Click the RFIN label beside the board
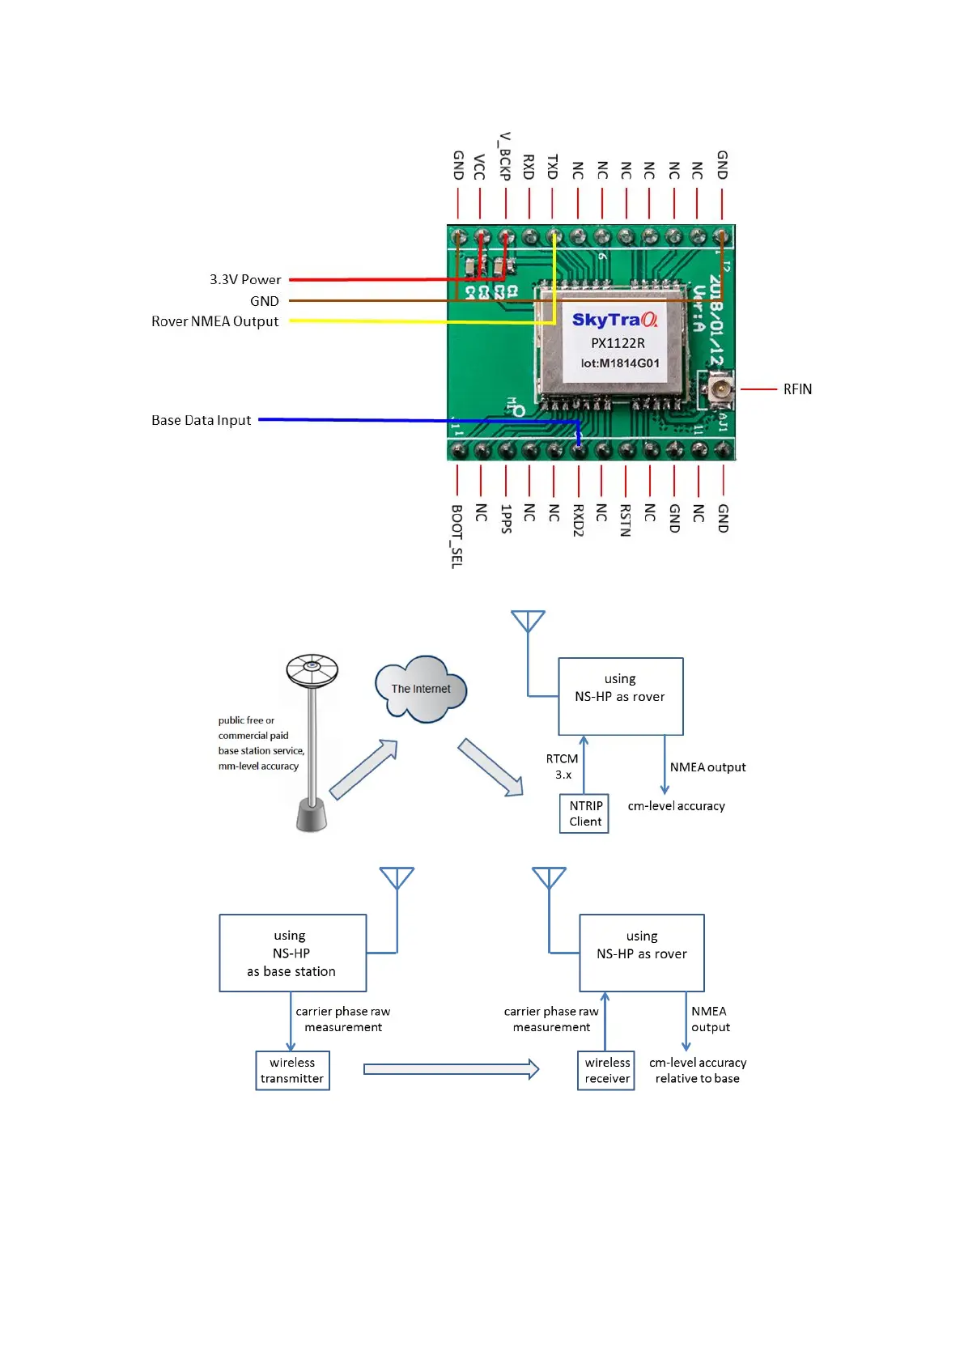pyautogui.click(x=797, y=389)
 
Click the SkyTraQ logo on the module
pyautogui.click(x=614, y=320)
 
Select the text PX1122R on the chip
pyautogui.click(x=618, y=343)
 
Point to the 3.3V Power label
pyautogui.click(x=245, y=280)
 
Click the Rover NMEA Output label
pyautogui.click(x=215, y=321)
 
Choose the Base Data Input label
pyautogui.click(x=202, y=420)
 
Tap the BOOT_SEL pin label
pyautogui.click(x=457, y=536)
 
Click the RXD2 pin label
pyautogui.click(x=578, y=520)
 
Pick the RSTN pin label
pyautogui.click(x=625, y=520)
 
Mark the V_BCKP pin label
pyautogui.click(x=505, y=155)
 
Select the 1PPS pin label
pyautogui.click(x=505, y=519)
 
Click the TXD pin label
pyautogui.click(x=553, y=167)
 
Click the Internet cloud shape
pyautogui.click(x=421, y=689)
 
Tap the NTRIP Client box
pyautogui.click(x=584, y=814)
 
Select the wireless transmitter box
pyautogui.click(x=292, y=1071)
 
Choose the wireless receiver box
pyautogui.click(x=606, y=1071)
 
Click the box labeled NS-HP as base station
pyautogui.click(x=292, y=953)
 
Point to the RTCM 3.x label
pyautogui.click(x=562, y=766)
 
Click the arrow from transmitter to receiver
pyautogui.click(x=451, y=1070)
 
